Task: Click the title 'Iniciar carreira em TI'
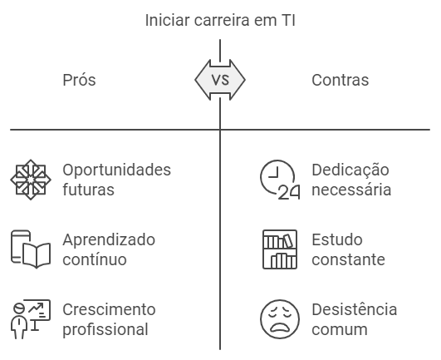[x=220, y=20]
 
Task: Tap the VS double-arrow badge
[x=220, y=80]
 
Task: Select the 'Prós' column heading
[x=79, y=80]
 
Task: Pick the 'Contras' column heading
[x=340, y=80]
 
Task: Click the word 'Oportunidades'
[x=117, y=170]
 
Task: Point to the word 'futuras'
[x=88, y=190]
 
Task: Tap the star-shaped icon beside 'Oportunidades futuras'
[x=31, y=180]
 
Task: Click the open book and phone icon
[x=31, y=249]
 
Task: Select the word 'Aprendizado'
[x=109, y=240]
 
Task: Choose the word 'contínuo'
[x=95, y=259]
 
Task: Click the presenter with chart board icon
[x=31, y=319]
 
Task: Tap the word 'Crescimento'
[x=109, y=309]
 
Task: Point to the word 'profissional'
[x=105, y=329]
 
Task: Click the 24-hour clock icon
[x=280, y=180]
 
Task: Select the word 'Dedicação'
[x=350, y=170]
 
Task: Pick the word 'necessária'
[x=351, y=190]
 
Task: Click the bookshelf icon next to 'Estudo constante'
[x=280, y=249]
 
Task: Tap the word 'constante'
[x=349, y=259]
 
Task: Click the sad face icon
[x=280, y=319]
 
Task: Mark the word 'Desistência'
[x=355, y=309]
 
